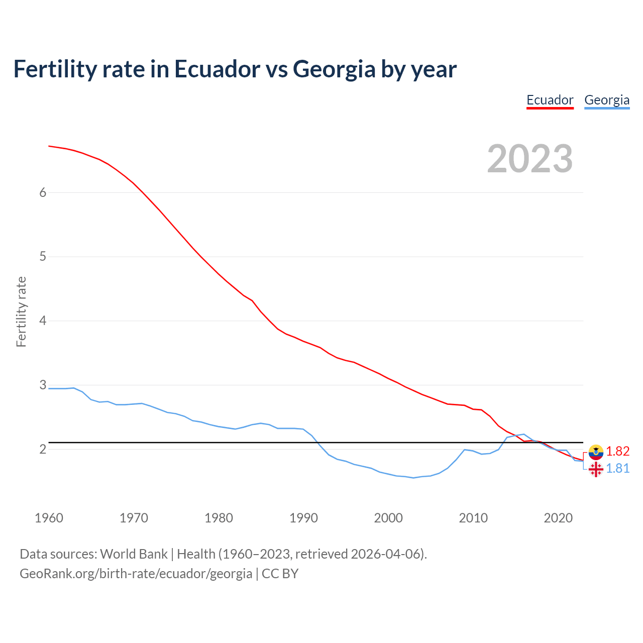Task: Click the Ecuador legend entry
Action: tap(550, 100)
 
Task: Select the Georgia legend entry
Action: tap(606, 100)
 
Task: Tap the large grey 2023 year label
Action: tap(529, 159)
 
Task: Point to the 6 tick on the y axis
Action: tap(43, 192)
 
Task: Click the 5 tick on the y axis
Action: tap(43, 257)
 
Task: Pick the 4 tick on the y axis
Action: tap(43, 320)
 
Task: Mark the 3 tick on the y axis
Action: tap(43, 385)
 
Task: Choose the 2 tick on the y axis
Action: tap(43, 449)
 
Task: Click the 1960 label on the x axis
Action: tap(49, 518)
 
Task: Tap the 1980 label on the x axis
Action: tap(219, 518)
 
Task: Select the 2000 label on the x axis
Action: tap(388, 518)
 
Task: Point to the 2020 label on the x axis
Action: tap(558, 518)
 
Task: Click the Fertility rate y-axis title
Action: tap(21, 311)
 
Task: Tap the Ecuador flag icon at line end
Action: tap(596, 452)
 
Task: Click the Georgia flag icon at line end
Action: tap(596, 469)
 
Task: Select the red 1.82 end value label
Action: tap(617, 451)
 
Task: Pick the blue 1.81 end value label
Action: tap(617, 468)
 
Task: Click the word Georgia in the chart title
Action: tap(334, 69)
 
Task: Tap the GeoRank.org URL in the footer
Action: tap(136, 573)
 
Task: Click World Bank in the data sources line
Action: tap(134, 554)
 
